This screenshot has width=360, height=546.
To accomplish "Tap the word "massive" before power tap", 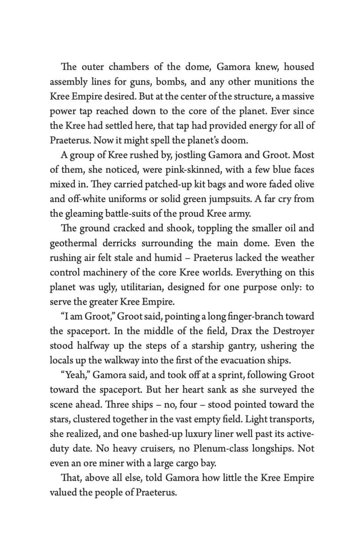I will pyautogui.click(x=294, y=96).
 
